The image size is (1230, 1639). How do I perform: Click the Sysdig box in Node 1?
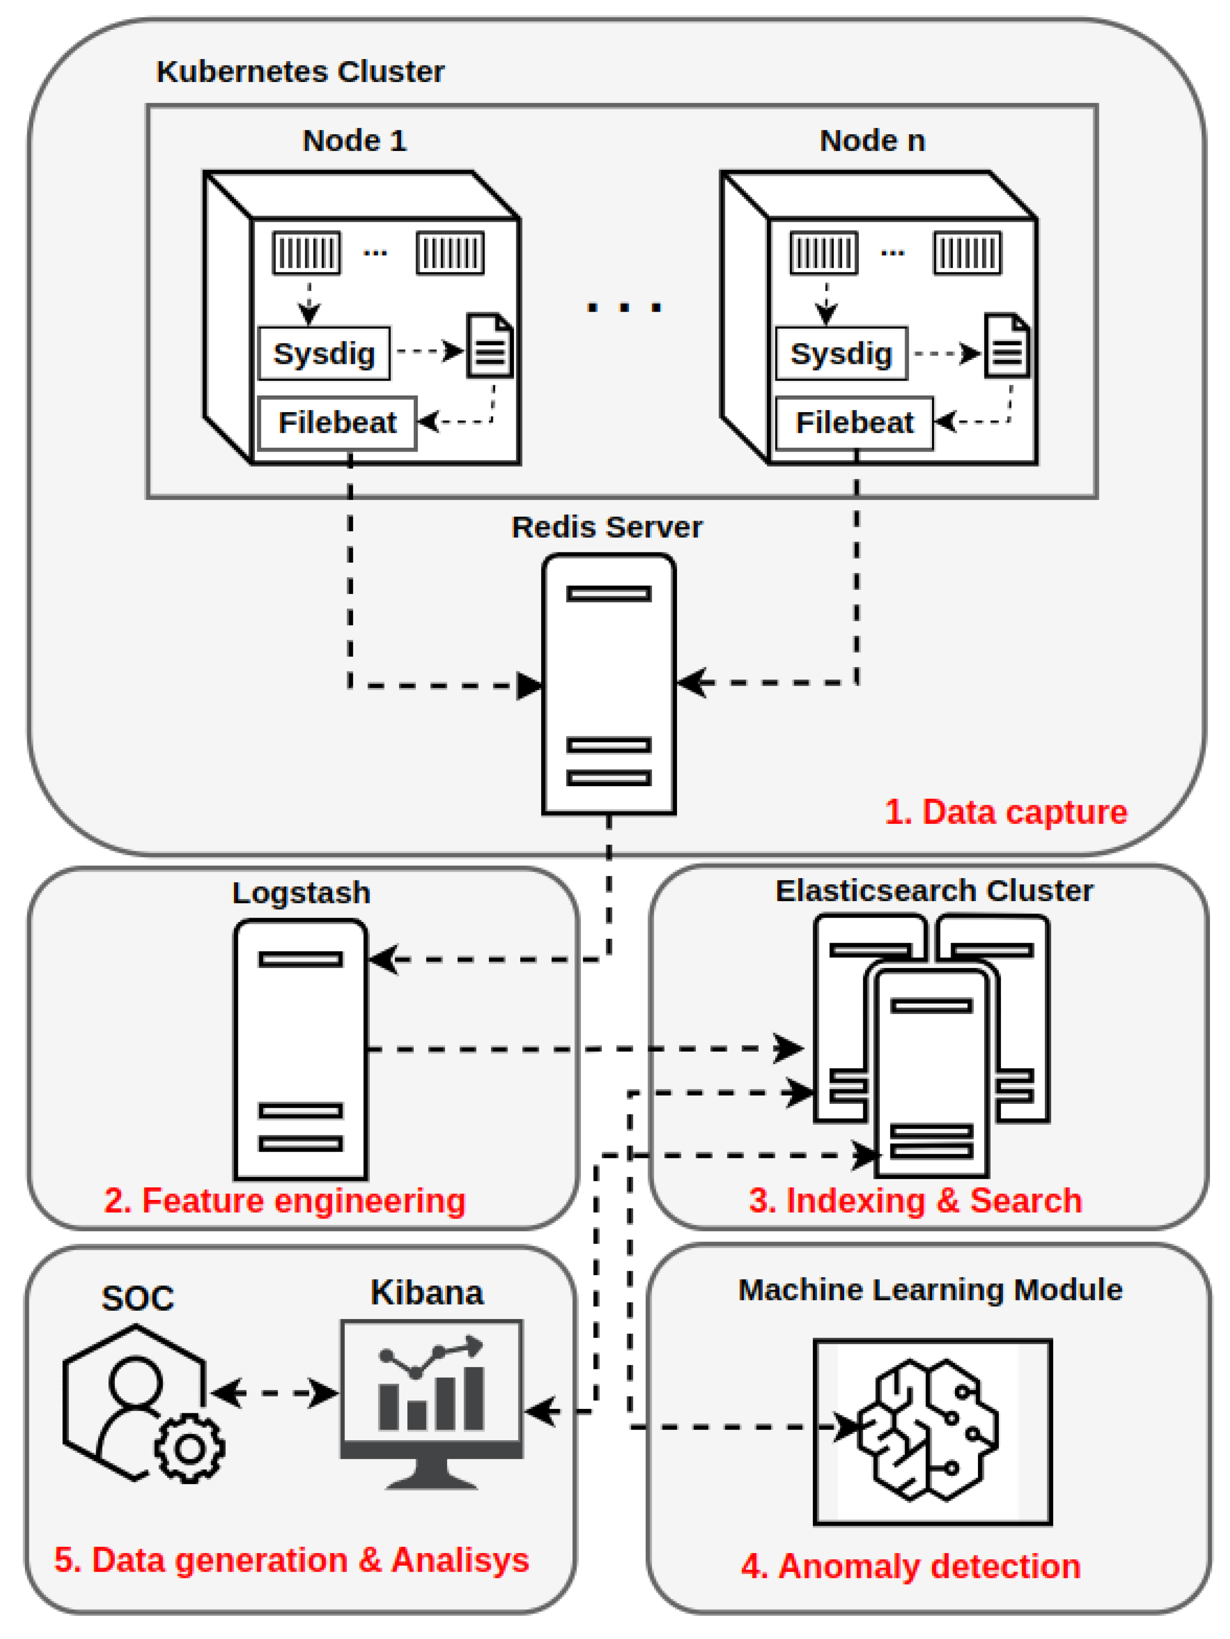pos(324,354)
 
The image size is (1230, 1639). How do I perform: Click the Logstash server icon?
pos(301,1049)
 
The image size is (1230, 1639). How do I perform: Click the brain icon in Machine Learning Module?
pos(928,1429)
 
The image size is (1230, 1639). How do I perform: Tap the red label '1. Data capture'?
pos(1005,812)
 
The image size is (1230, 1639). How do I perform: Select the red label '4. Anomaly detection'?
pos(911,1566)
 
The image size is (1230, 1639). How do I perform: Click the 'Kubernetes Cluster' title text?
pos(300,72)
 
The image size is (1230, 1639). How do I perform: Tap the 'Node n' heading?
pos(872,141)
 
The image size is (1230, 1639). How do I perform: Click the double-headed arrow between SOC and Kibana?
pos(274,1393)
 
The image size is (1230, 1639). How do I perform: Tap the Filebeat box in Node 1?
pos(337,423)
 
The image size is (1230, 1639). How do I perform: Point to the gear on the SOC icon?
pos(190,1448)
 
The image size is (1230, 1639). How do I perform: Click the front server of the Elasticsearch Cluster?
pos(932,1074)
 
